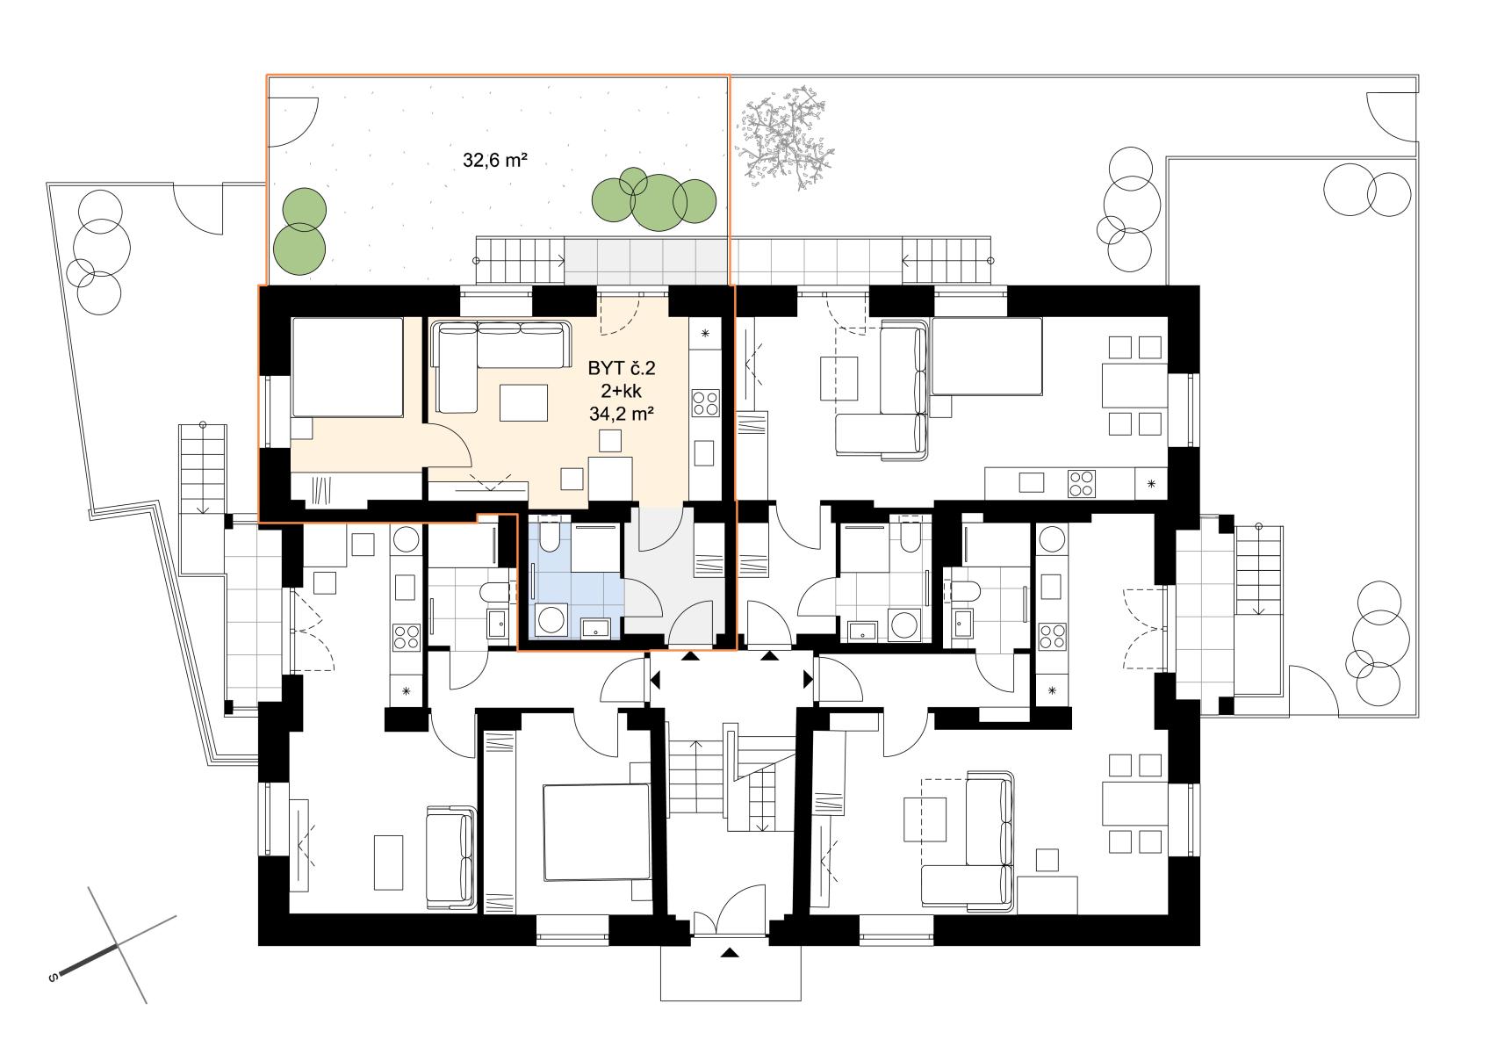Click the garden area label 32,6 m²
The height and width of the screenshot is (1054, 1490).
tap(495, 161)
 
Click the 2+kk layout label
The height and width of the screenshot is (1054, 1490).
tap(622, 391)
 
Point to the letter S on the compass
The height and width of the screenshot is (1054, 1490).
tap(54, 978)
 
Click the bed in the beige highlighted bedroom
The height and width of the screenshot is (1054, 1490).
tap(347, 367)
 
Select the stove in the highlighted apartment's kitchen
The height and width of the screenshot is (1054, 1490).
tap(705, 402)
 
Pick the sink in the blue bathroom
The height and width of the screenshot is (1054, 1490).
tap(595, 627)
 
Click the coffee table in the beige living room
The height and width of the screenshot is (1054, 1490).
tap(523, 402)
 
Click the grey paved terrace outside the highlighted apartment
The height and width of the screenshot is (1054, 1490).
tap(645, 262)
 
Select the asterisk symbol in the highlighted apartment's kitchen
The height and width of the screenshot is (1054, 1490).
tap(705, 333)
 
